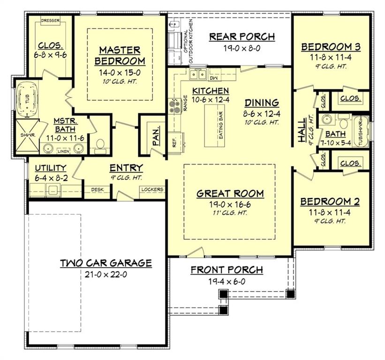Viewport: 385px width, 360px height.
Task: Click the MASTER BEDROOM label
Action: click(120, 55)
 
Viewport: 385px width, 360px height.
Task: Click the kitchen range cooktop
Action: click(174, 106)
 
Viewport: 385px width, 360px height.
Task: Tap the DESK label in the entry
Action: click(98, 189)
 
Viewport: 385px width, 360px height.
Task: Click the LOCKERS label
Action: click(152, 189)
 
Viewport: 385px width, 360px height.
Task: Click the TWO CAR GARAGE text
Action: click(106, 263)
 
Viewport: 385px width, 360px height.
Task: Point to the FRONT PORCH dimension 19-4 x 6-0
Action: click(226, 282)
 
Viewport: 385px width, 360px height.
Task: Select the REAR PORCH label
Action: click(242, 37)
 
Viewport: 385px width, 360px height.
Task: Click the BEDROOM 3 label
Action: click(331, 47)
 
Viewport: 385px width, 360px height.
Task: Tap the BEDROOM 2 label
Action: click(330, 202)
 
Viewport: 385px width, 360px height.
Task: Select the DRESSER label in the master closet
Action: click(50, 21)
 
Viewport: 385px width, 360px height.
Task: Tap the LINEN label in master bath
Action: click(63, 151)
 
